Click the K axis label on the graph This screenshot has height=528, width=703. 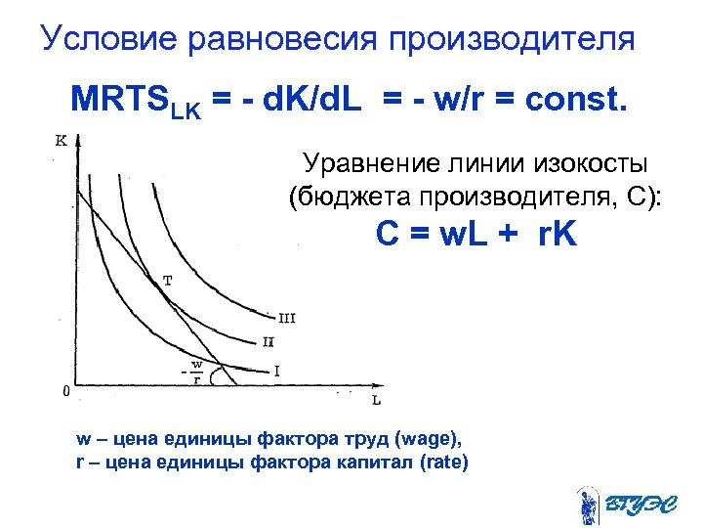pos(62,140)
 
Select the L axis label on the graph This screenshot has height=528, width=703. pos(377,400)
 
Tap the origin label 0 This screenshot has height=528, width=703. pos(64,391)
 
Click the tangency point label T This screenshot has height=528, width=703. pos(168,280)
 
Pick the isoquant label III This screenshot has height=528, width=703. pos(287,318)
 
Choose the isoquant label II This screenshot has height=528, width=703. pos(268,341)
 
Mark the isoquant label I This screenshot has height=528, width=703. pos(276,371)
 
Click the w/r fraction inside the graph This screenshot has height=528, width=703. pos(196,373)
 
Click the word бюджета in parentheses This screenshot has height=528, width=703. pos(342,196)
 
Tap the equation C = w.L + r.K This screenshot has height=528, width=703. pos(476,235)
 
